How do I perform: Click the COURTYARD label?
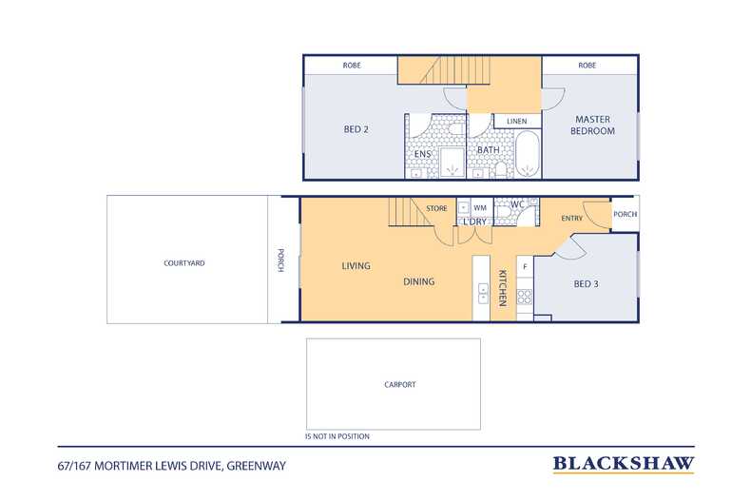pyautogui.click(x=183, y=263)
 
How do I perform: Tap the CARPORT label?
pyautogui.click(x=400, y=384)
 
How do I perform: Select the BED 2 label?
pyautogui.click(x=356, y=129)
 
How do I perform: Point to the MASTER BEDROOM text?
pyautogui.click(x=592, y=125)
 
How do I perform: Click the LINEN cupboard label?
pyautogui.click(x=517, y=121)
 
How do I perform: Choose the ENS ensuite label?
pyautogui.click(x=422, y=154)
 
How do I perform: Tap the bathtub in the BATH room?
pyautogui.click(x=528, y=154)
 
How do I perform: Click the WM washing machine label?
pyautogui.click(x=480, y=207)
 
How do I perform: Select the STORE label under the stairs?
pyautogui.click(x=436, y=208)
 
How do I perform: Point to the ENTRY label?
pyautogui.click(x=572, y=218)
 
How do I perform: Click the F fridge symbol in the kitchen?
pyautogui.click(x=525, y=267)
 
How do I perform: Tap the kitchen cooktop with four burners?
pyautogui.click(x=525, y=297)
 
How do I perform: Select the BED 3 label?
pyautogui.click(x=586, y=284)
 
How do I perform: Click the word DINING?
pyautogui.click(x=418, y=281)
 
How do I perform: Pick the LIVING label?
pyautogui.click(x=356, y=266)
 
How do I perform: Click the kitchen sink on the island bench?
pyautogui.click(x=483, y=293)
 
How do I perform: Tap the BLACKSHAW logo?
pyautogui.click(x=624, y=464)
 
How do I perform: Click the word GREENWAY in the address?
pyautogui.click(x=257, y=466)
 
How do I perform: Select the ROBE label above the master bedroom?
pyautogui.click(x=587, y=66)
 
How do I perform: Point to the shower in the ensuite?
pyautogui.click(x=452, y=163)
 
